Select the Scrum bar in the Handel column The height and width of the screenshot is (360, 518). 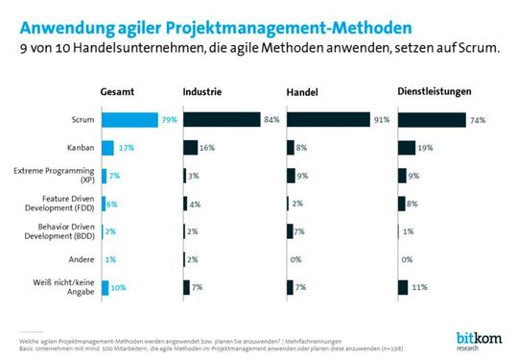[325, 120]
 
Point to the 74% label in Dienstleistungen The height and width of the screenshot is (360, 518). [478, 120]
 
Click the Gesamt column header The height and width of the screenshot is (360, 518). [118, 91]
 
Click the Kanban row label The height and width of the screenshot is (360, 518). [80, 148]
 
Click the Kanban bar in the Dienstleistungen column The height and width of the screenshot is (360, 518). [407, 148]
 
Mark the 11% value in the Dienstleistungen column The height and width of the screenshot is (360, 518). [418, 287]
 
